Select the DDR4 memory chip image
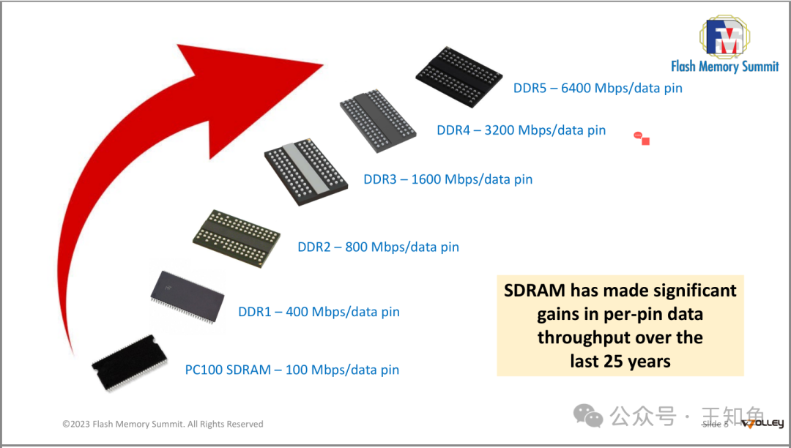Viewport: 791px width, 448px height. [x=378, y=122]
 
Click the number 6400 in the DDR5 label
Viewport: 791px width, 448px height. [x=576, y=88]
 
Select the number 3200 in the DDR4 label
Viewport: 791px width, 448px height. [x=500, y=130]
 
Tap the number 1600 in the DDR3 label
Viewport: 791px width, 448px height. [x=426, y=179]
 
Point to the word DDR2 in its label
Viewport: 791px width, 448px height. [x=314, y=247]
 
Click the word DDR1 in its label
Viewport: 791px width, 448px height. [x=255, y=312]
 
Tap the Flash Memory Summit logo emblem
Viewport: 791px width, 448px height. [x=725, y=37]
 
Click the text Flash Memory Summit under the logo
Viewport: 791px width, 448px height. [x=724, y=67]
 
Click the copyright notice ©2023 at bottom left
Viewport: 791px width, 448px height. [x=75, y=424]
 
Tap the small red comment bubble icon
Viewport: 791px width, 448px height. [x=639, y=136]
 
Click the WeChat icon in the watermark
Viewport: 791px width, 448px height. [x=588, y=416]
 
